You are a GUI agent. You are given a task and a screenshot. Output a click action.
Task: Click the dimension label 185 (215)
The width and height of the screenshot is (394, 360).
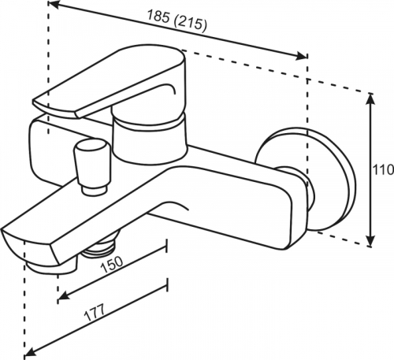click(177, 20)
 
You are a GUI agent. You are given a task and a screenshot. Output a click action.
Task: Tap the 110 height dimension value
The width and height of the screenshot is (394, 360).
click(384, 170)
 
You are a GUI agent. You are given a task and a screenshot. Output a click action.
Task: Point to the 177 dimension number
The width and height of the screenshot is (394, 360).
click(95, 313)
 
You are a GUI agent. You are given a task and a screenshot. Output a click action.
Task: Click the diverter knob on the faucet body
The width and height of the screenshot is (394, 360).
click(91, 167)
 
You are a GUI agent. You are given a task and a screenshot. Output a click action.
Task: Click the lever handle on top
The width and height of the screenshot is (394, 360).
click(110, 81)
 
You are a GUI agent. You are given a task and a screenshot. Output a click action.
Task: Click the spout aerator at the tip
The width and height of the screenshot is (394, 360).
click(51, 266)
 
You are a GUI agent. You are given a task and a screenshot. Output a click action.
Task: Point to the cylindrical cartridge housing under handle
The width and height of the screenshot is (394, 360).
click(151, 139)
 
